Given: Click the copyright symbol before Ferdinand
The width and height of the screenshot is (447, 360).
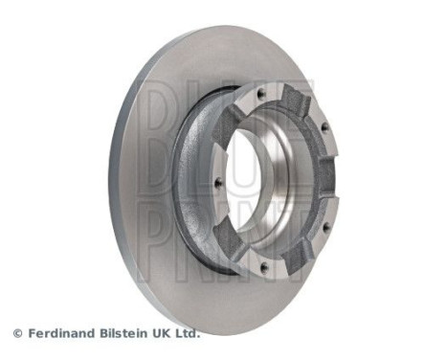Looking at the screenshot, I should click(x=17, y=334).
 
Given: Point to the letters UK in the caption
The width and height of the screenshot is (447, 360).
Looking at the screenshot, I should click(x=166, y=334).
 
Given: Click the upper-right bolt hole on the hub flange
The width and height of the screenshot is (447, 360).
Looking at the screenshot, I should click(x=324, y=126).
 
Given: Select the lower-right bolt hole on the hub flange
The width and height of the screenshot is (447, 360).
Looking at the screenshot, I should click(x=324, y=227).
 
